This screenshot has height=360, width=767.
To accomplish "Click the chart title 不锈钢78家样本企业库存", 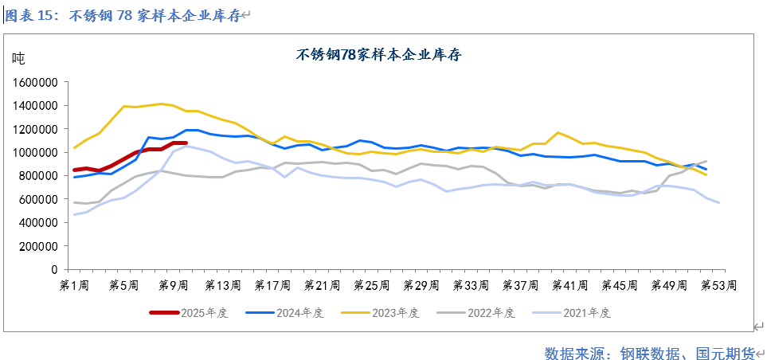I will tap(379, 55).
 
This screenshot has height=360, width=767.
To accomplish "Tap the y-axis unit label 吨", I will tap(18, 57).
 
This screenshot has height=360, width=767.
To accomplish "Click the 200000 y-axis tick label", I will tap(37, 246).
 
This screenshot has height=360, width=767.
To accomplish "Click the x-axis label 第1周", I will tap(74, 285).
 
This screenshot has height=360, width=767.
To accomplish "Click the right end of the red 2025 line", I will tap(185, 143).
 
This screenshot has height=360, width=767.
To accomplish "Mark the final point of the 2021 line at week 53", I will tap(718, 202).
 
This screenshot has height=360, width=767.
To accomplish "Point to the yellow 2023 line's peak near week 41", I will tap(558, 132).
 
